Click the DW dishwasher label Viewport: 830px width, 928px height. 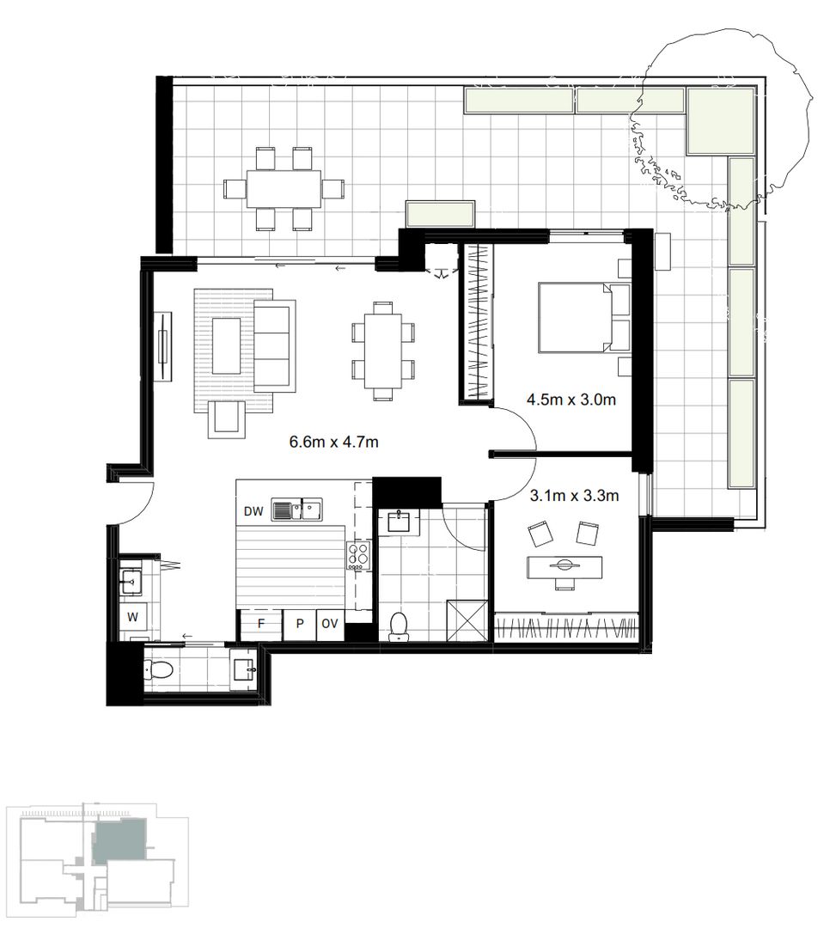(253, 512)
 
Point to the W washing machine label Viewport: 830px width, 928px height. (133, 616)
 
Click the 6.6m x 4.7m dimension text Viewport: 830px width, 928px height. (334, 443)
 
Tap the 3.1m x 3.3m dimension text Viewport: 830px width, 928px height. (575, 495)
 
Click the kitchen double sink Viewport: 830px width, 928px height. (296, 510)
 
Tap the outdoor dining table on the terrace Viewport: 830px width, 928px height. (284, 189)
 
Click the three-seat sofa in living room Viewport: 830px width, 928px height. (275, 344)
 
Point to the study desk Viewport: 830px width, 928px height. (564, 567)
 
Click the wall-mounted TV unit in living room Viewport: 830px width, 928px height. (162, 348)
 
